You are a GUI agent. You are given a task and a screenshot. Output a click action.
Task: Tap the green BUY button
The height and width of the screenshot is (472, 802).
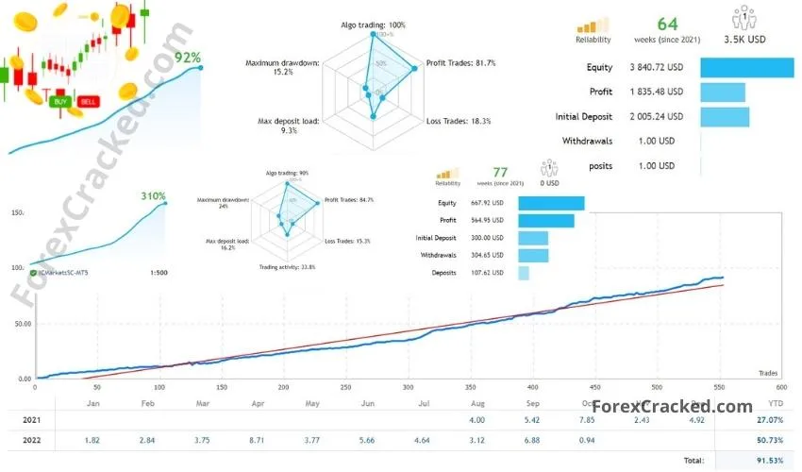pyautogui.click(x=61, y=101)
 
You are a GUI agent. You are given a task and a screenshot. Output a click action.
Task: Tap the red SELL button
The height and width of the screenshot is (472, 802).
pyautogui.click(x=88, y=101)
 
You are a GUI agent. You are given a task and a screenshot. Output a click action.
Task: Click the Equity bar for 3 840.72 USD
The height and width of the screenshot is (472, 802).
pyautogui.click(x=746, y=67)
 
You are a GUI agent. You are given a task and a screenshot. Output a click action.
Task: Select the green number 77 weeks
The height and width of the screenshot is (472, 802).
pyautogui.click(x=500, y=171)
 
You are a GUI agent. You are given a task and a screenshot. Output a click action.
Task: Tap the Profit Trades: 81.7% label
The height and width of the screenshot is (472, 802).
pyautogui.click(x=461, y=63)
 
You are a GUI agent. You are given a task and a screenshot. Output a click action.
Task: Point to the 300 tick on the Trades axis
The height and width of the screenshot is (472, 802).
pyautogui.click(x=408, y=386)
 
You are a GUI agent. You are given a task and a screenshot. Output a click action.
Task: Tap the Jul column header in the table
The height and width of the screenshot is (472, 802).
pyautogui.click(x=425, y=403)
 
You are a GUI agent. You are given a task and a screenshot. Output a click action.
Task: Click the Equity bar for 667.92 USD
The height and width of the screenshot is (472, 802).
pyautogui.click(x=551, y=203)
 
